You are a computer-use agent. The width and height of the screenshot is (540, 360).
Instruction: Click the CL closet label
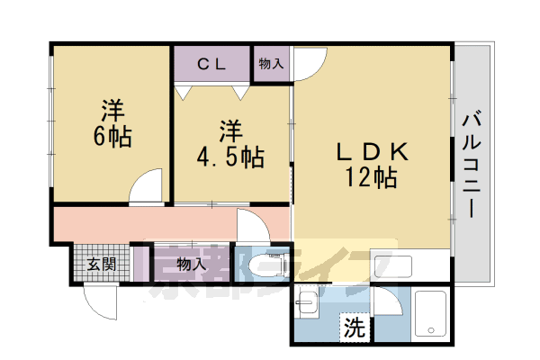coord(211,64)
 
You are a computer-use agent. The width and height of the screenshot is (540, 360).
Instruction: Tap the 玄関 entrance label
coord(102,265)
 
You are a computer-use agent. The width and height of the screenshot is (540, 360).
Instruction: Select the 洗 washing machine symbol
coord(355,327)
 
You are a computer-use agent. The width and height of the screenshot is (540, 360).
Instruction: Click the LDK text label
coord(373,151)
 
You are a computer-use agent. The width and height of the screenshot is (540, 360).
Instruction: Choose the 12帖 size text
coord(371,177)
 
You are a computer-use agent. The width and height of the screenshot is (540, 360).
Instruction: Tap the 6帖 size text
coord(112,137)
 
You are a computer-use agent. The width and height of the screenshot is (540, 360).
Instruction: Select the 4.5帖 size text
coord(230,157)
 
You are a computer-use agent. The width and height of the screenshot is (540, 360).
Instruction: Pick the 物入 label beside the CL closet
coord(271,63)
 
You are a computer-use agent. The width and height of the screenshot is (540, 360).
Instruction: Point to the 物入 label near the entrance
coord(192,265)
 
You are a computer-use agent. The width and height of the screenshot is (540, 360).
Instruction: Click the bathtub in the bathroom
coord(430,313)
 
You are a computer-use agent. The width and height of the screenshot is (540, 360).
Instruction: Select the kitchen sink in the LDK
coord(393,266)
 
